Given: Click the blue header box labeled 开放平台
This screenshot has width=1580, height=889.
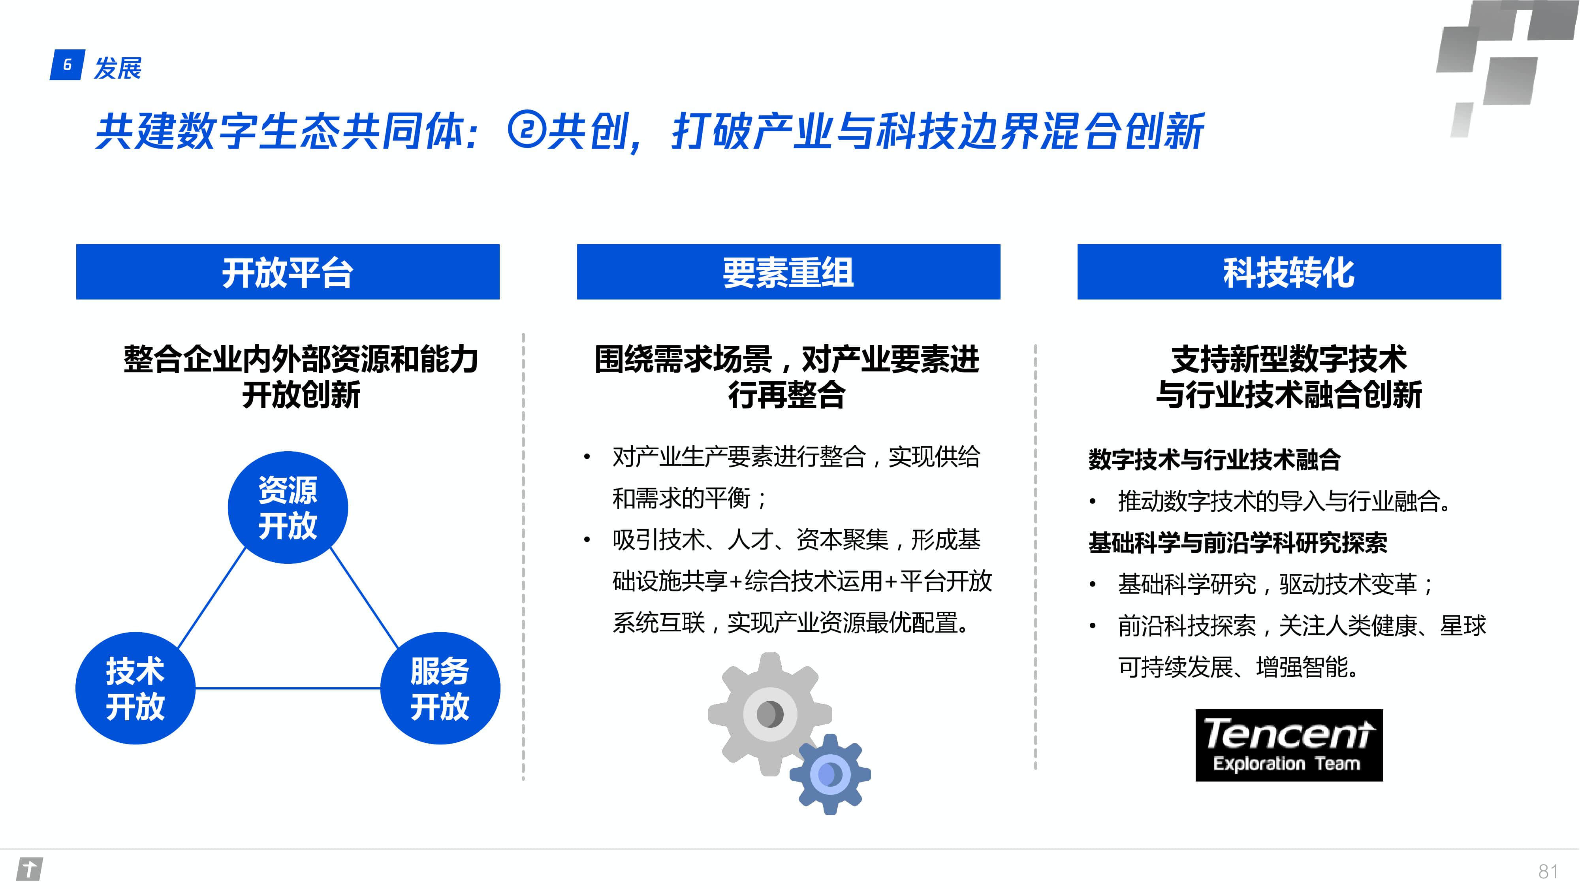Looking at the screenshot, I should pos(288,272).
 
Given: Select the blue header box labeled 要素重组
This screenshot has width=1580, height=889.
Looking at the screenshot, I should pos(788,272).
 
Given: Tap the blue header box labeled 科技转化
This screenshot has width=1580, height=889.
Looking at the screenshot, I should pos(1288,272).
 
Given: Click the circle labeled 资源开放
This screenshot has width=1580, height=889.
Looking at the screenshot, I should pos(288,507).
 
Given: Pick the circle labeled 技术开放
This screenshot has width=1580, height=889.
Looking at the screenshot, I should pos(135,688).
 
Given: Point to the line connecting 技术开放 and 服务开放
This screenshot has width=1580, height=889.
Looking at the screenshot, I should pos(288,688).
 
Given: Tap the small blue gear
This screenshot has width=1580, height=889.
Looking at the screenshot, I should pos(830,774).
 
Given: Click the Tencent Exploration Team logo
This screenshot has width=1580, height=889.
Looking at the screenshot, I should pos(1288,745).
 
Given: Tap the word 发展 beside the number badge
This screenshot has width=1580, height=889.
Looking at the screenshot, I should pos(117,68).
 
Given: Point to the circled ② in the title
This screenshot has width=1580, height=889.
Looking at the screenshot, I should pos(526,130).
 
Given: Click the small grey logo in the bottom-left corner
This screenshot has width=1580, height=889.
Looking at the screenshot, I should pos(30,869).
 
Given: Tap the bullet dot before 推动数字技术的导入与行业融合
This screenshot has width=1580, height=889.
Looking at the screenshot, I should pos(1093,502).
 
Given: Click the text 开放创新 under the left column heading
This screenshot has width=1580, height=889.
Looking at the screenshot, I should pos(301,394).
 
